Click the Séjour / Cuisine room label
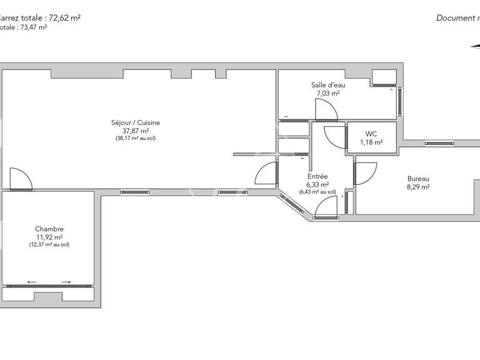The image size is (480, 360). click(136, 123)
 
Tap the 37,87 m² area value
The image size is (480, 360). click(136, 131)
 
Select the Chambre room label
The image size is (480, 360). click(49, 229)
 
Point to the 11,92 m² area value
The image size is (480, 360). click(49, 237)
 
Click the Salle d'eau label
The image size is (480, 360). click(328, 85)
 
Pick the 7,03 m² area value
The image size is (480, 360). click(328, 93)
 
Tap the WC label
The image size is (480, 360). click(371, 134)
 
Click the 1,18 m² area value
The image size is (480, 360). click(371, 142)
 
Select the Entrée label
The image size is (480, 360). click(317, 177)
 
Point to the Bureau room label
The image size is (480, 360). click(418, 178)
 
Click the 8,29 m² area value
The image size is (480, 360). click(418, 186)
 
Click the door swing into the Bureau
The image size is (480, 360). click(366, 173)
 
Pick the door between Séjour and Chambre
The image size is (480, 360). click(21, 178)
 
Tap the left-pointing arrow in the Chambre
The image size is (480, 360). click(32, 282)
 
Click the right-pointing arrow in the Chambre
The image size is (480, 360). click(66, 282)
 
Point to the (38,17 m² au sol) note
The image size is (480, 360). click(136, 138)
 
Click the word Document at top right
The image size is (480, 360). click(456, 18)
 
